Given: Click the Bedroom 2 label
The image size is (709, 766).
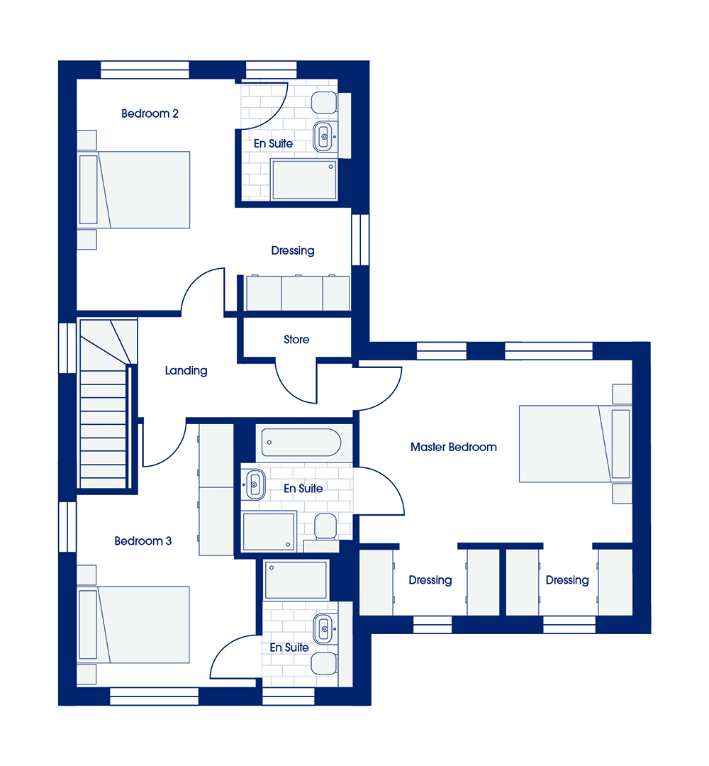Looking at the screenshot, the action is coord(150,113).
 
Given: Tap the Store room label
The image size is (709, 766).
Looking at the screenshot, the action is coord(296,340).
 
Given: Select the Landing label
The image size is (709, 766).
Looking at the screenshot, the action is coord(186,371).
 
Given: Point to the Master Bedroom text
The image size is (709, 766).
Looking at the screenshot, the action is coord(454,447).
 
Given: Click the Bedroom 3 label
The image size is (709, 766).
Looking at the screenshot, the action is coord(143,540).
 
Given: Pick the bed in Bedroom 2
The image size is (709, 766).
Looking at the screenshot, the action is coord(134,189).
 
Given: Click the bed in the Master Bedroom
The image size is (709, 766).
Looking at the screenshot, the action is coord(575,443).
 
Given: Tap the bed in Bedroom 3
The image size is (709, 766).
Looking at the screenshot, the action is coord(133,625).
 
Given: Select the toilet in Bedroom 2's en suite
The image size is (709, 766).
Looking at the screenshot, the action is coord(324,102).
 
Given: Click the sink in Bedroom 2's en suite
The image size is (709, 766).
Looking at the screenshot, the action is coord(323,136).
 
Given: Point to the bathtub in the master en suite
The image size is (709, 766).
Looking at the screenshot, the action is coord(301,443).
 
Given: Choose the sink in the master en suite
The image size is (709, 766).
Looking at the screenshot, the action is coord(255,484).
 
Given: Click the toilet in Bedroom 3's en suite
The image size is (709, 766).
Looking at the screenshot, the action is coord(324,663).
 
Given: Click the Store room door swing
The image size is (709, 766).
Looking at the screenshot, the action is coord(296,382).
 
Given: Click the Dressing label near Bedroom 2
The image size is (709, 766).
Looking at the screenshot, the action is coord(293,250).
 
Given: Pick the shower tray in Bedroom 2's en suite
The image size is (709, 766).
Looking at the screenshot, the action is coord(303,179).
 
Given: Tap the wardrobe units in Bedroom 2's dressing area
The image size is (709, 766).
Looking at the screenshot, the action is coord(298,293).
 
